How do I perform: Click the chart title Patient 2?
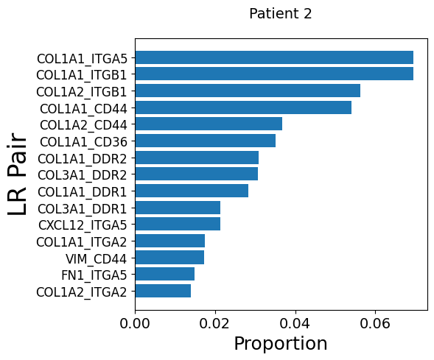pyautogui.click(x=281, y=13)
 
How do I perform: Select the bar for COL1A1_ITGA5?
pyautogui.click(x=274, y=57)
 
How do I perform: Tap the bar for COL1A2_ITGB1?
pyautogui.click(x=248, y=91)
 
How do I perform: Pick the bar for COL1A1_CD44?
pyautogui.click(x=243, y=107)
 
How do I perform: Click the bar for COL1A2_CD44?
pyautogui.click(x=209, y=124)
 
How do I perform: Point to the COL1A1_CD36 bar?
pyautogui.click(x=206, y=141)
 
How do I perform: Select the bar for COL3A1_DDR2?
pyautogui.click(x=197, y=174)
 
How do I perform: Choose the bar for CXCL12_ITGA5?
pyautogui.click(x=178, y=224)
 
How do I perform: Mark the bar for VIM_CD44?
pyautogui.click(x=169, y=258)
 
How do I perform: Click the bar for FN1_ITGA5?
pyautogui.click(x=165, y=274)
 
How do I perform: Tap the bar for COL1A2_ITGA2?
pyautogui.click(x=163, y=291)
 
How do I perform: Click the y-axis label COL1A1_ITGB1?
pyautogui.click(x=82, y=76)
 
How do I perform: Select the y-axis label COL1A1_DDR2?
pyautogui.click(x=83, y=159)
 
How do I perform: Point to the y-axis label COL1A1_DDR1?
pyautogui.click(x=83, y=192)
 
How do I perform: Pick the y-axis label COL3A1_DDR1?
pyautogui.click(x=83, y=209)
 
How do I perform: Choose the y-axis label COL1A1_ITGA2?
pyautogui.click(x=82, y=242)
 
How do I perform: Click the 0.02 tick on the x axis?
pyautogui.click(x=214, y=323)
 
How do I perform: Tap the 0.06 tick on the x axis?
pyautogui.click(x=375, y=323)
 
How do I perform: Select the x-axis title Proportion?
pyautogui.click(x=281, y=344)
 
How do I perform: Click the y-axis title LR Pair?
pyautogui.click(x=17, y=174)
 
